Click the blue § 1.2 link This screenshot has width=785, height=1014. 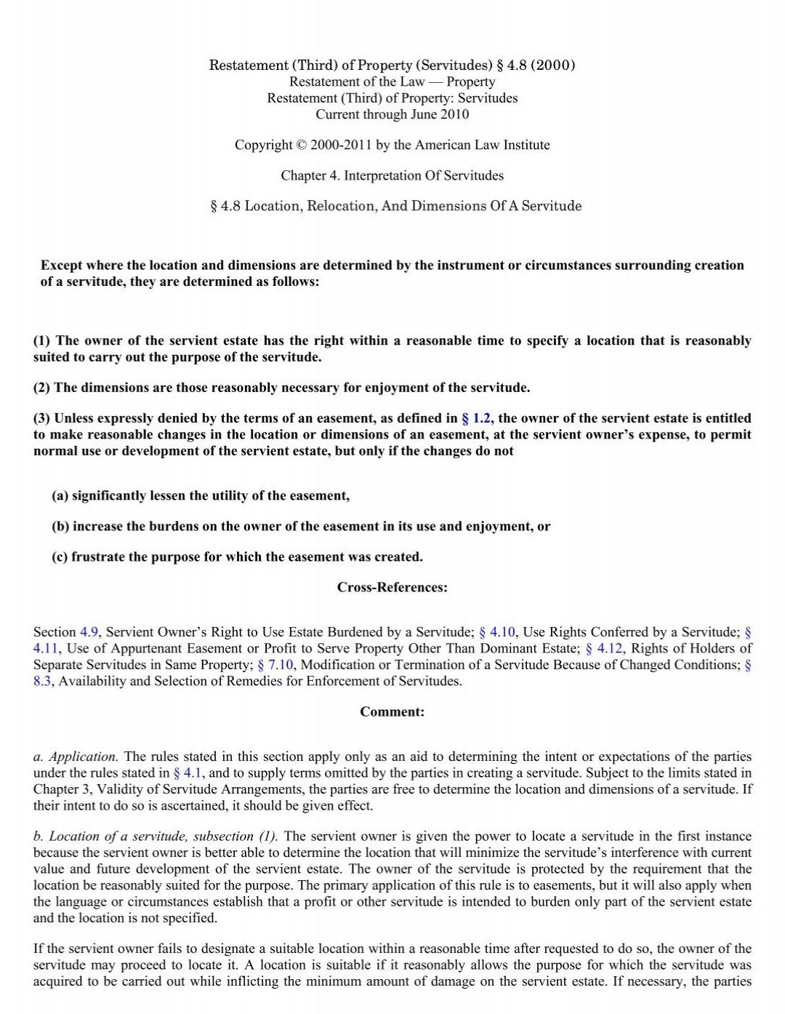pos(476,418)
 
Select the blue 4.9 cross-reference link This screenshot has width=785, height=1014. pos(89,632)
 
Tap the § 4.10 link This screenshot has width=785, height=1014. pos(497,632)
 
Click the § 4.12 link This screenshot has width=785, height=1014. pos(604,648)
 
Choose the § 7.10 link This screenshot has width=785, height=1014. pos(275,665)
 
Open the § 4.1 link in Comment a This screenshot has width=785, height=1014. pos(188,773)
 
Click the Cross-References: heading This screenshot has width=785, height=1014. pos(392,588)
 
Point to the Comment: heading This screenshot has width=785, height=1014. pos(392,712)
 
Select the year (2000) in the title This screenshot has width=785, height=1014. pos(553,65)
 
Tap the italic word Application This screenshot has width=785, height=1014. pos(83,756)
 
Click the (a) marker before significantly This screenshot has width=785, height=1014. pos(60,496)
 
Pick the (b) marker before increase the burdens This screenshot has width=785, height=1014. pos(60,527)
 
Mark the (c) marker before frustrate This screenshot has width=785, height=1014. pos(60,557)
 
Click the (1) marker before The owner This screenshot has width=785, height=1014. pos(42,341)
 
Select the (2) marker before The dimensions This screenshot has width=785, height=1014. pos(42,388)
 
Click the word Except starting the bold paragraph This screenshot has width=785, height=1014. pos(63,266)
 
